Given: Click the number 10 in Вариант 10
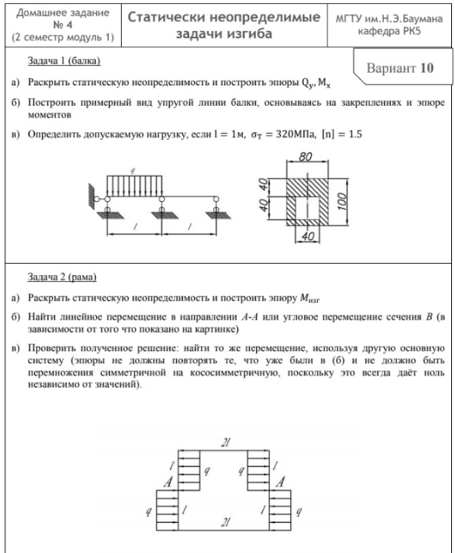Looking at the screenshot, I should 426,66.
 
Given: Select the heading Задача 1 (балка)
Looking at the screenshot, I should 63,59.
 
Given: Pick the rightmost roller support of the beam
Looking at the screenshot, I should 215,202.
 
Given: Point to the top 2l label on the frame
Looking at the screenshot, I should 225,442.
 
